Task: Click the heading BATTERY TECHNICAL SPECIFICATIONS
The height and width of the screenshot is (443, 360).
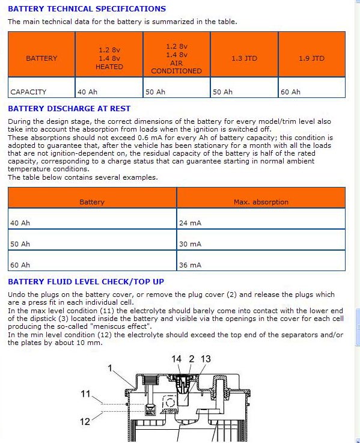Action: click(87, 9)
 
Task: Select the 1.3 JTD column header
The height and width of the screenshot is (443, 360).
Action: click(244, 58)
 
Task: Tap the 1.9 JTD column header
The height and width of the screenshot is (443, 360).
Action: click(312, 58)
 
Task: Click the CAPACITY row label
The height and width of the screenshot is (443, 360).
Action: click(28, 92)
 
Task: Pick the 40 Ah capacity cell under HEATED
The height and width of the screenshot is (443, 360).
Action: click(87, 92)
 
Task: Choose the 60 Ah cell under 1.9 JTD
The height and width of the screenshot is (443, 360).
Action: click(290, 92)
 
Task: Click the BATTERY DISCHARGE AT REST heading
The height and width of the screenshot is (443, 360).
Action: click(69, 108)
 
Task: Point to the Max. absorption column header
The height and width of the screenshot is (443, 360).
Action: click(261, 202)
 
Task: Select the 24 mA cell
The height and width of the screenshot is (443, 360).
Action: click(190, 223)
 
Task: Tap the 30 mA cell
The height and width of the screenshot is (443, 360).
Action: click(190, 244)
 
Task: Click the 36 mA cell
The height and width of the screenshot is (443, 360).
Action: click(190, 265)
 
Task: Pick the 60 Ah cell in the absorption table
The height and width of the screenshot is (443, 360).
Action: click(20, 265)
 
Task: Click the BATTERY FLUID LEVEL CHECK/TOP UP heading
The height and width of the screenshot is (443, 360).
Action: click(86, 282)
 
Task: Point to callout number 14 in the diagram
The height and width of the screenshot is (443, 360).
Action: click(176, 359)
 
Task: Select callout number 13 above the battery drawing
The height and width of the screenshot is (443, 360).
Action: click(206, 359)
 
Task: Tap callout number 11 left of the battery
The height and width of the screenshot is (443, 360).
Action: click(85, 394)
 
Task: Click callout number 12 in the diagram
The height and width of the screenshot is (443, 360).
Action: click(85, 421)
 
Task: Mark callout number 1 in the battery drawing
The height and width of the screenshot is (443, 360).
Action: click(110, 368)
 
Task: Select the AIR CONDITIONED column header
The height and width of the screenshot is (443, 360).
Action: click(176, 67)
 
